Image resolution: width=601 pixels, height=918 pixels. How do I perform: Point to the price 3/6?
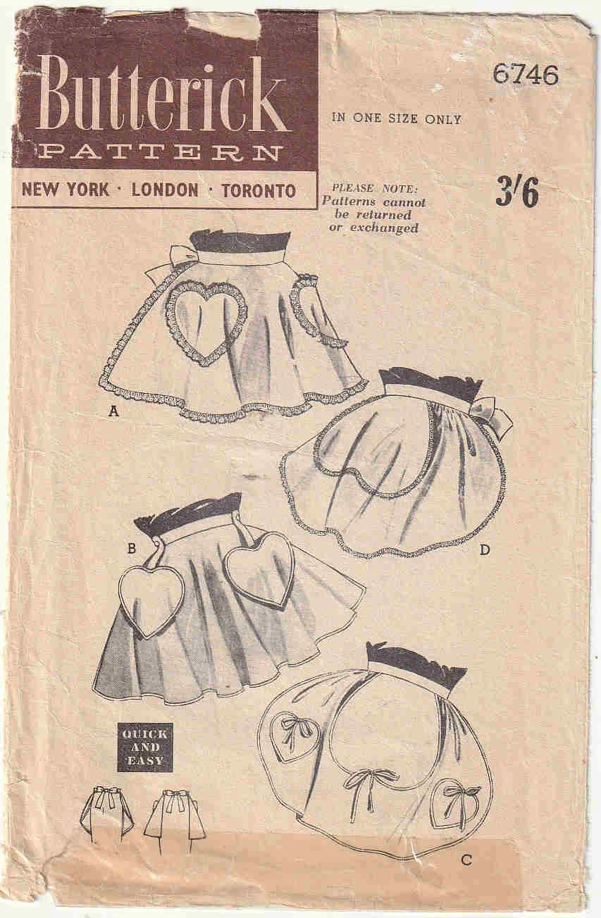(516, 192)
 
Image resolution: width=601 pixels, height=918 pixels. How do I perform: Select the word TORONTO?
(259, 190)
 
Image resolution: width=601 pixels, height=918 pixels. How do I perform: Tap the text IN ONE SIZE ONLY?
(396, 119)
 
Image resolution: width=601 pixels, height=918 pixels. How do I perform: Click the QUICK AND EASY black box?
(144, 747)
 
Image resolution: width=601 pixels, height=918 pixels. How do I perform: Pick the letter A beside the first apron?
(113, 414)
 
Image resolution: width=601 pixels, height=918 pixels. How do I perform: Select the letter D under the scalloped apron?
(484, 550)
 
